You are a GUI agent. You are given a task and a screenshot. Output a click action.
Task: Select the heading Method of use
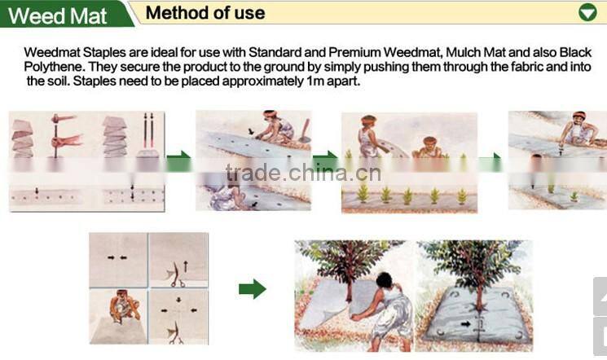(x=205, y=12)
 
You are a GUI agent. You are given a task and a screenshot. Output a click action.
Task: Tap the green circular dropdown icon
(x=587, y=12)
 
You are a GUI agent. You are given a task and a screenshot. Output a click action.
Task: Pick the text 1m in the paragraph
(x=311, y=81)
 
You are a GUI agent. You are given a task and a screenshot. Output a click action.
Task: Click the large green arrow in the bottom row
(x=253, y=288)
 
